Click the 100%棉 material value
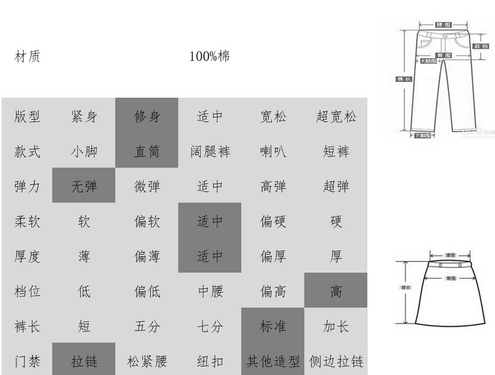pos(210,57)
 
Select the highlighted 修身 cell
pos(147,116)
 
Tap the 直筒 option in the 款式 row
pos(147,151)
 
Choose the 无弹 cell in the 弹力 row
pos(84,186)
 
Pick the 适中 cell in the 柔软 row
pos(210,221)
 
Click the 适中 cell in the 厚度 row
pos(210,256)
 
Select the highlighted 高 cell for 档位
pos(336,291)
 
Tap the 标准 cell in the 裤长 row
pos(273,326)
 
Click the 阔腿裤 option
pos(210,151)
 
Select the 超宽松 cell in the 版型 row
pos(336,116)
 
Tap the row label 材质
pos(27,57)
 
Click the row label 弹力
pos(27,186)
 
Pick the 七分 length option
pos(210,326)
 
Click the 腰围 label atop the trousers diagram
pos(443,25)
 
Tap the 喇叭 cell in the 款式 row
pos(273,151)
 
